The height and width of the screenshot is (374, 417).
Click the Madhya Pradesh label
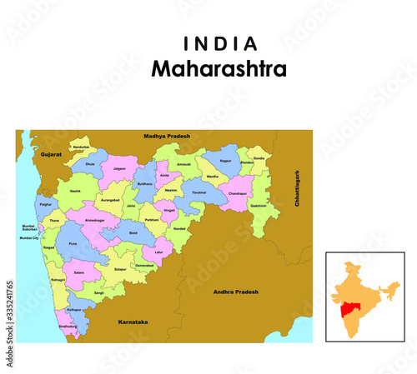coord(167,136)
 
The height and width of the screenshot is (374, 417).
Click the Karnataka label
coord(133,320)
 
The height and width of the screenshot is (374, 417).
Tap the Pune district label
coord(73,245)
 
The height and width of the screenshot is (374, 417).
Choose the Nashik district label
coord(76,191)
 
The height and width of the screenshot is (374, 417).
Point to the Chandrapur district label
coord(238,193)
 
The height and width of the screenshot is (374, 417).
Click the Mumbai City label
coord(29,237)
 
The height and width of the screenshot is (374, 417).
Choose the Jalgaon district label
coord(119,168)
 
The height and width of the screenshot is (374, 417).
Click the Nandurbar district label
coord(81,147)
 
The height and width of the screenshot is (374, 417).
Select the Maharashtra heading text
coord(219,69)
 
